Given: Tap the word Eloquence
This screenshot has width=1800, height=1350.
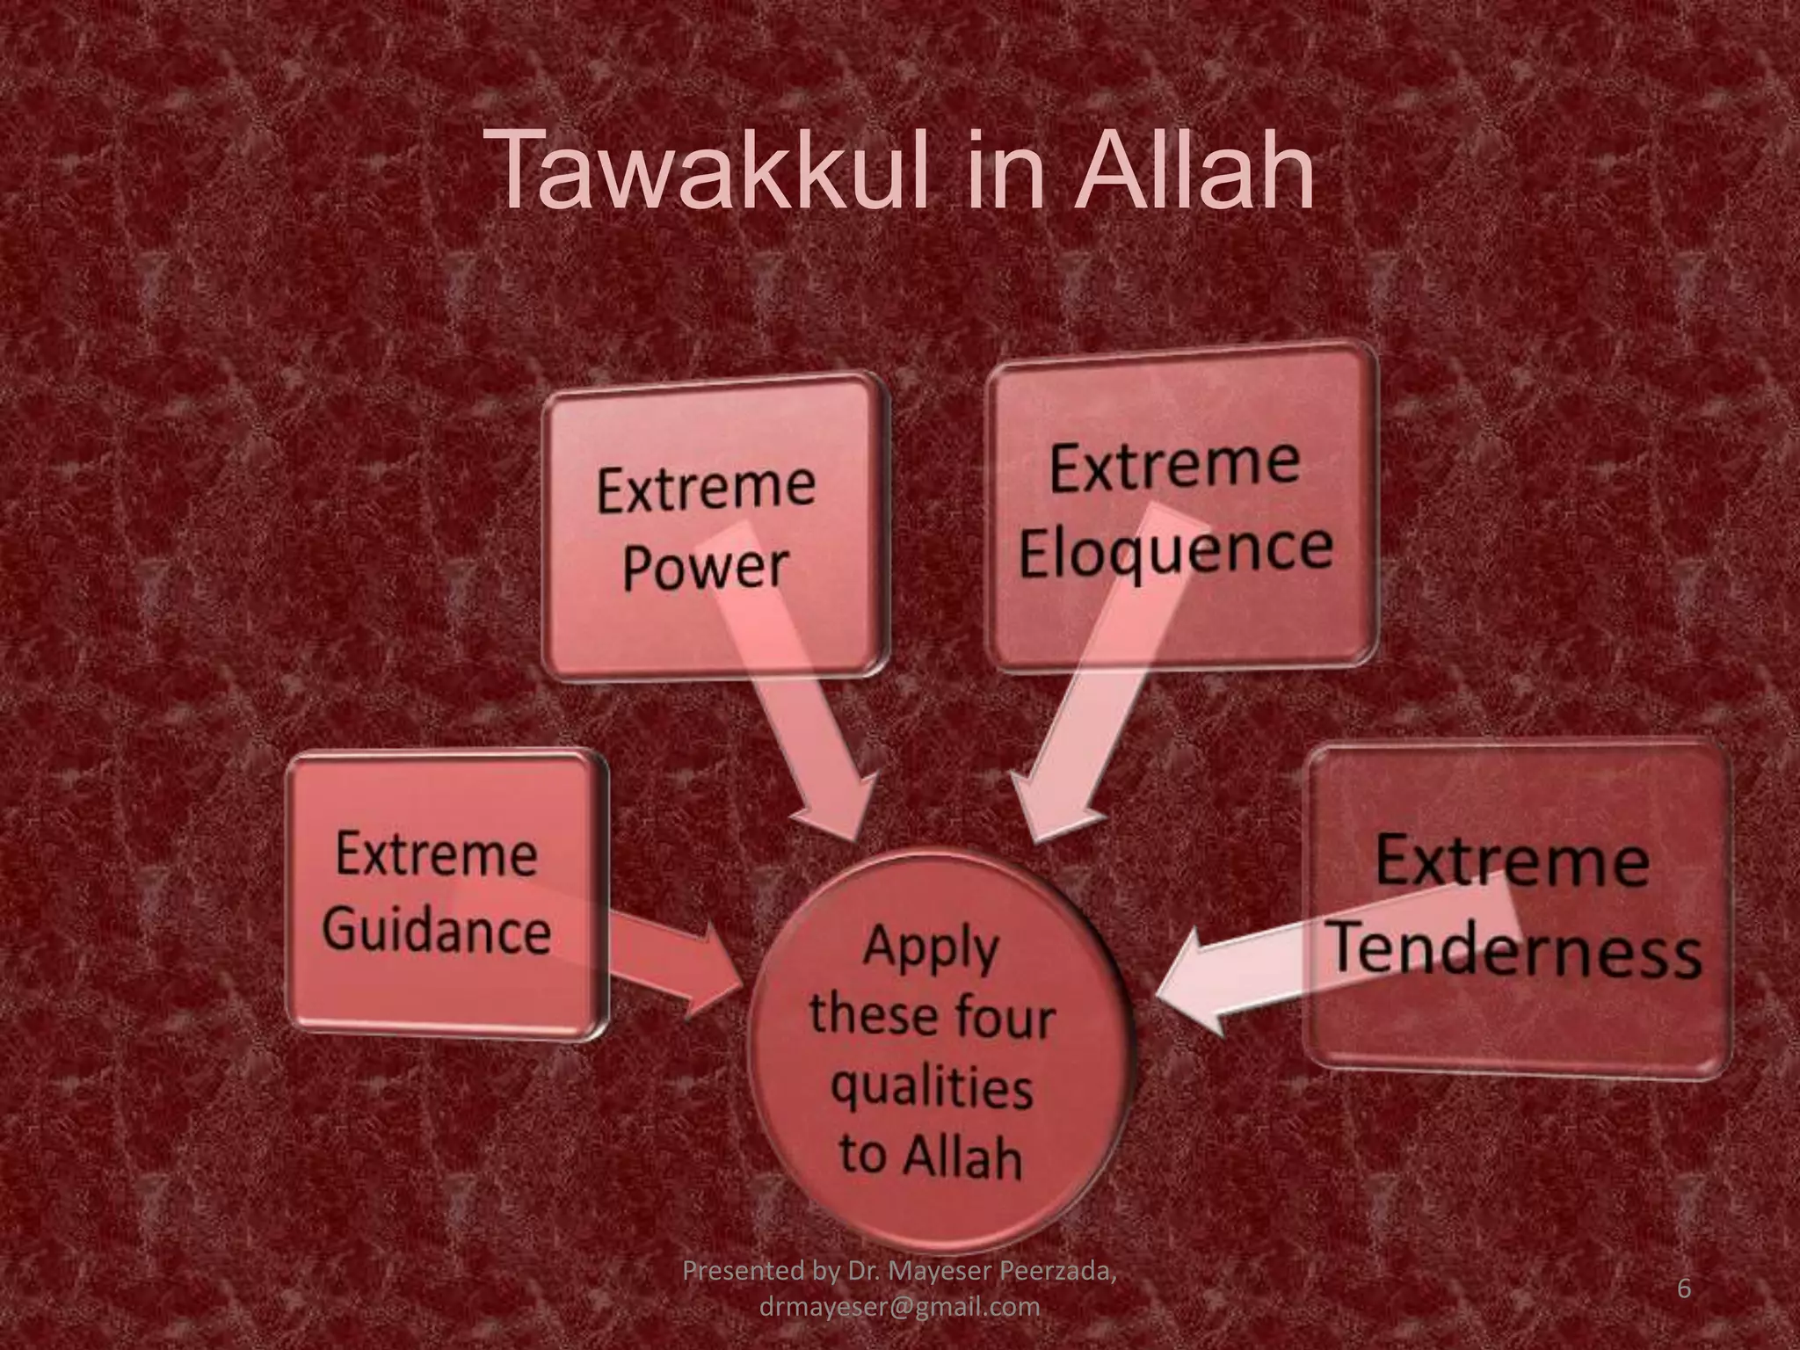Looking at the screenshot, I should click(x=1176, y=549).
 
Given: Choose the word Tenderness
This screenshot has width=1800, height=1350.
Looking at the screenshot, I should click(x=1515, y=954).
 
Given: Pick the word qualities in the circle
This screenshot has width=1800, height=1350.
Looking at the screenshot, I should click(x=932, y=1088).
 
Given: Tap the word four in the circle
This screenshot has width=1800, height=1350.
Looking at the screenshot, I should click(x=1006, y=1018).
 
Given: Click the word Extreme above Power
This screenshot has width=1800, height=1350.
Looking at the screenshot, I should click(x=706, y=488).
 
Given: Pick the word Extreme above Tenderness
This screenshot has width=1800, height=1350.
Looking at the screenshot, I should click(x=1512, y=861).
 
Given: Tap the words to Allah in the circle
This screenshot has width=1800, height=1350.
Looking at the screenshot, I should click(x=932, y=1156).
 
